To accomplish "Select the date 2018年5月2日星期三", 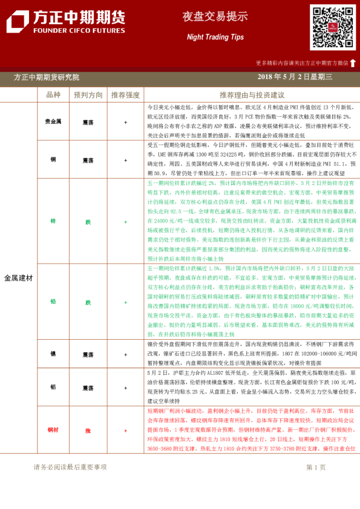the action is [295, 77].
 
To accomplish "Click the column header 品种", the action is [53, 95].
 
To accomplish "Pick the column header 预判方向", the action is [88, 95].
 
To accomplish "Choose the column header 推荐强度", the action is [125, 95].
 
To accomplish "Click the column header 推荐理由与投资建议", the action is [252, 95].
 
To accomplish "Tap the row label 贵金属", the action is [53, 122].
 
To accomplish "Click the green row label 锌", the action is [53, 221].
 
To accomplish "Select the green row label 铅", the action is [53, 302].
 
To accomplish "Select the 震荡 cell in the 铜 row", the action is [88, 159].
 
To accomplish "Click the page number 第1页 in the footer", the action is [316, 467].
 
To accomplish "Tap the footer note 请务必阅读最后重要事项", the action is [70, 467].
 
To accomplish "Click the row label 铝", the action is [53, 387].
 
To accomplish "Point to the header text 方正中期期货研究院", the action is [47, 77].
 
